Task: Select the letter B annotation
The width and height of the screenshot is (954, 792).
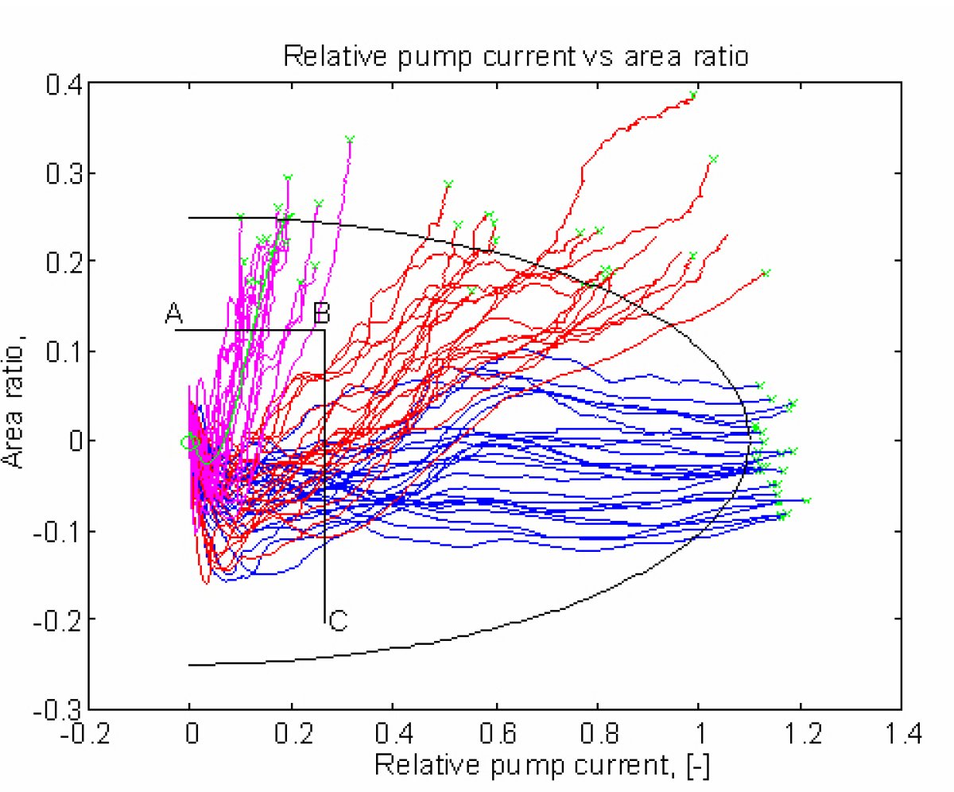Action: coord(321,313)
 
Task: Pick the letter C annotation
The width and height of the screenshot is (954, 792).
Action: coord(339,621)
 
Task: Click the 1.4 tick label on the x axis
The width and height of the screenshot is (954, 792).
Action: coord(902,732)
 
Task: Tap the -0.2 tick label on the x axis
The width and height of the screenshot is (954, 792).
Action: coord(85,732)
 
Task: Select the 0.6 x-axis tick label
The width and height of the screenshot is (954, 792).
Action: coord(495,732)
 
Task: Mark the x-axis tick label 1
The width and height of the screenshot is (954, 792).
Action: coord(700,732)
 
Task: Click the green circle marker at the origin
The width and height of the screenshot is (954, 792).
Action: coord(187,442)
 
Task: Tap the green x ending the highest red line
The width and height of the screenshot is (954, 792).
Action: coord(693,95)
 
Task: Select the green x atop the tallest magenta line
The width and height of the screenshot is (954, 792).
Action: coord(349,139)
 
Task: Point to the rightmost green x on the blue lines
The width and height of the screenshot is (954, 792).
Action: coord(807,500)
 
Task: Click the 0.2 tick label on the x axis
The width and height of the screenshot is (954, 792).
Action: coord(292,732)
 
